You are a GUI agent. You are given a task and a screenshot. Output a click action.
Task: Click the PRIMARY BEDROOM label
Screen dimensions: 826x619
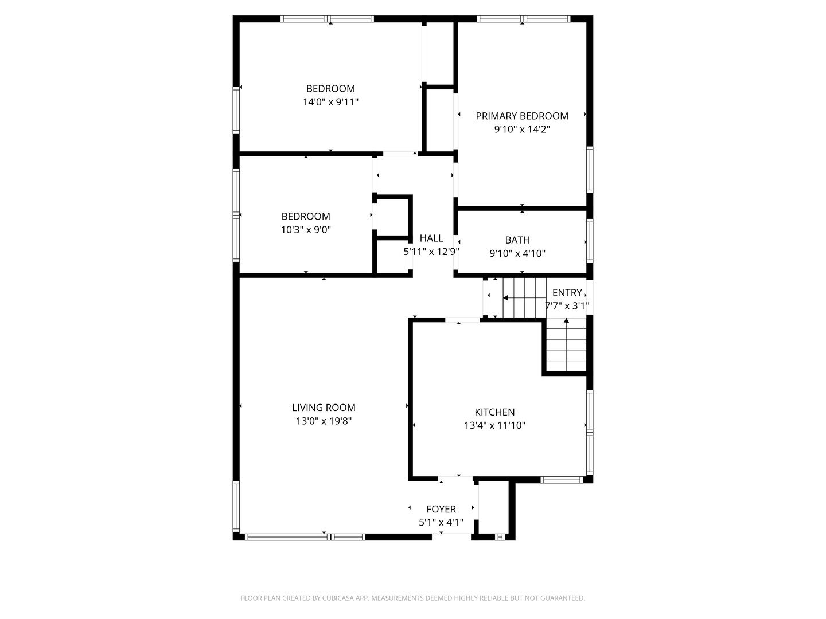521,116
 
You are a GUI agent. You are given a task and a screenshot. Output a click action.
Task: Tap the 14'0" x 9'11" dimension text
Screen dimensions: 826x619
330,102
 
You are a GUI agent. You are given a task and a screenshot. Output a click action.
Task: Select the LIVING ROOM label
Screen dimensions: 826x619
324,408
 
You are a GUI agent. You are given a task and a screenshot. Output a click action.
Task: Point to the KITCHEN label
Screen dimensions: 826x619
494,412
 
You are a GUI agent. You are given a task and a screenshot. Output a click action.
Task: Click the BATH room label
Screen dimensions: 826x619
517,240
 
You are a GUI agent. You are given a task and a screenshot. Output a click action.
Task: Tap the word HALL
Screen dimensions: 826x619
431,238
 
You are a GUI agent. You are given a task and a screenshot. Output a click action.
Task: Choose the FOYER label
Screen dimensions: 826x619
441,509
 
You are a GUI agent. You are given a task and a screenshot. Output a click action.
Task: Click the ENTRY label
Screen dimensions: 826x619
567,292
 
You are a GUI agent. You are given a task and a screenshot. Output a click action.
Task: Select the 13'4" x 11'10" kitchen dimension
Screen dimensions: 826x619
494,425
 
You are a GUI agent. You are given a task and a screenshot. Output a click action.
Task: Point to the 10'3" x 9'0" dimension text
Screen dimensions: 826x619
306,230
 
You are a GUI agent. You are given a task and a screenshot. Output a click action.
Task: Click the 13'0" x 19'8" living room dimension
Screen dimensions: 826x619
324,421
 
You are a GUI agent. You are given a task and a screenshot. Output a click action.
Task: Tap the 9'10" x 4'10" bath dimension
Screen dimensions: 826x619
517,253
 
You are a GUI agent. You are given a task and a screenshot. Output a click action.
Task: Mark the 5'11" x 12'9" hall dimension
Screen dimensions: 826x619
431,252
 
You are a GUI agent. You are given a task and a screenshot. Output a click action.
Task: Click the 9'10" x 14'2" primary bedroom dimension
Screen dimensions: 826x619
521,130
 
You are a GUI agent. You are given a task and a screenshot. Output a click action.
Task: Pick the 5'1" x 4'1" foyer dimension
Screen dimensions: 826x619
441,522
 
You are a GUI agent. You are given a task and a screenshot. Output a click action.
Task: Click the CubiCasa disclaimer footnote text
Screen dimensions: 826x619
413,598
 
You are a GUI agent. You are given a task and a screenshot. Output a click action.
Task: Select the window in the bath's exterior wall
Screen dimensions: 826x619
590,241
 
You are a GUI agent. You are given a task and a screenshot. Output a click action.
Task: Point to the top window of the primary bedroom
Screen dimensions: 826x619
524,19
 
